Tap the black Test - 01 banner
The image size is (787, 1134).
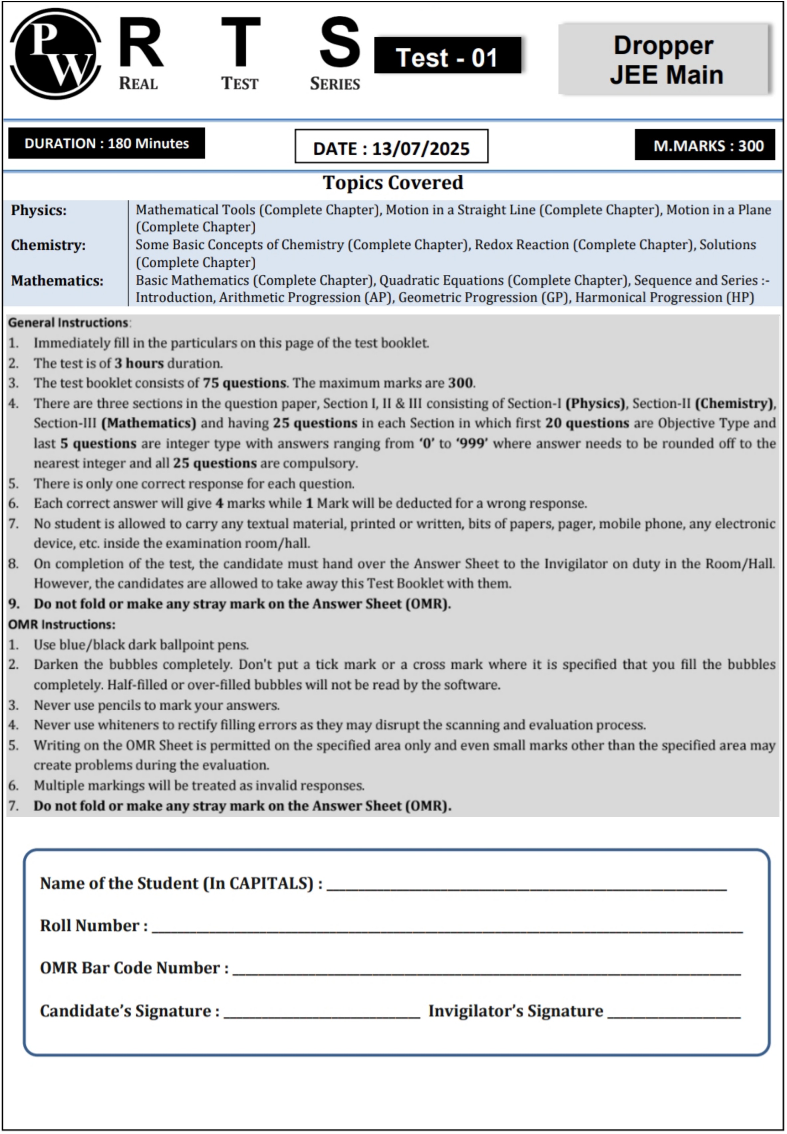click(447, 56)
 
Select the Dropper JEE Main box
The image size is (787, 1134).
click(665, 59)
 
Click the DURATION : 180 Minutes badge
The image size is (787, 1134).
click(106, 143)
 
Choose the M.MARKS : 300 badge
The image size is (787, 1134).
click(704, 145)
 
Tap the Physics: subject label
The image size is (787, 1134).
click(39, 211)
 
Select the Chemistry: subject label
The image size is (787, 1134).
click(48, 245)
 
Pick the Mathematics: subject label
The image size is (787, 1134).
click(57, 281)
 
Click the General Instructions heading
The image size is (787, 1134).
click(68, 323)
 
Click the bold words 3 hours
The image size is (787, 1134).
click(139, 363)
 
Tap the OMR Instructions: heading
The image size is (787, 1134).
click(62, 624)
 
